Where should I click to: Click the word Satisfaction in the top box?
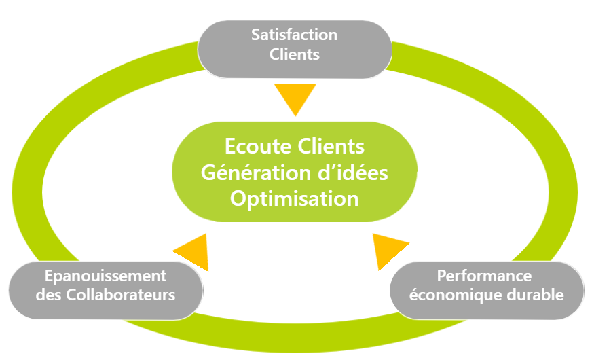pyautogui.click(x=294, y=34)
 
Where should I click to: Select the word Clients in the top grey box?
pyautogui.click(x=294, y=55)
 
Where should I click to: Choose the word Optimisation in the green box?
pyautogui.click(x=295, y=198)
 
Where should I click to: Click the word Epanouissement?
pyautogui.click(x=105, y=276)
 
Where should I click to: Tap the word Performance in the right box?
pyautogui.click(x=484, y=276)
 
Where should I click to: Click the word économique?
pyautogui.click(x=454, y=295)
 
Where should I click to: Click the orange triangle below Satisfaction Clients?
pyautogui.click(x=295, y=98)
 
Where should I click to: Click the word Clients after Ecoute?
pyautogui.click(x=330, y=147)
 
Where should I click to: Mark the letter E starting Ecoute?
pyautogui.click(x=231, y=147)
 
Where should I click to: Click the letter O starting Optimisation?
pyautogui.click(x=238, y=198)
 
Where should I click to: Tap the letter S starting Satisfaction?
pyautogui.click(x=255, y=34)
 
